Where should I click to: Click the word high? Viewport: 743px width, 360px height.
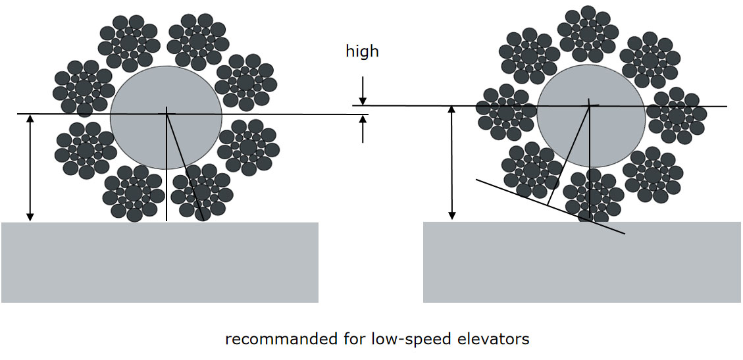pos(362,51)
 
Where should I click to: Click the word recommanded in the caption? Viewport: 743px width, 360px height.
pos(270,340)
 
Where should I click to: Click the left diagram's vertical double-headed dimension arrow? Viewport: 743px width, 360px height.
pos(29,168)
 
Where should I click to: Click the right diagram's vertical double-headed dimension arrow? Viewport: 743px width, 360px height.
pos(451,162)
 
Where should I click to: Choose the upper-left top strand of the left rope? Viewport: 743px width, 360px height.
pos(128,43)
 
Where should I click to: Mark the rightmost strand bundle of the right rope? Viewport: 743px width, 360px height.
pos(676,115)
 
